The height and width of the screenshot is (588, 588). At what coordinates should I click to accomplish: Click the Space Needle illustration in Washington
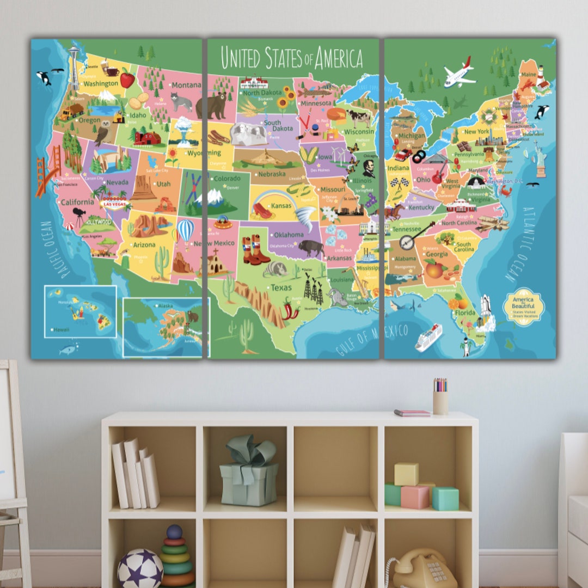click(73, 68)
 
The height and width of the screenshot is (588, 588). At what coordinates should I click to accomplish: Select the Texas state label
click(281, 287)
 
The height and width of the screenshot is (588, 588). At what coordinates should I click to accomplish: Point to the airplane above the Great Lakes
click(458, 74)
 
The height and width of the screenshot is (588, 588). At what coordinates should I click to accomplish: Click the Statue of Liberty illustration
click(540, 159)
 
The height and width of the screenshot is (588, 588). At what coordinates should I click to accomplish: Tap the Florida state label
click(465, 313)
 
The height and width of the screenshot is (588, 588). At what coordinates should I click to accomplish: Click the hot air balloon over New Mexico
click(186, 231)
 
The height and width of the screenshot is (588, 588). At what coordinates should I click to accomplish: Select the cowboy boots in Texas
click(255, 250)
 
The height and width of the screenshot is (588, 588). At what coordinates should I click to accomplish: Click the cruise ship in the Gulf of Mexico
click(428, 337)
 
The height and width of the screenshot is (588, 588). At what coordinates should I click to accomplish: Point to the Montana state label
click(186, 85)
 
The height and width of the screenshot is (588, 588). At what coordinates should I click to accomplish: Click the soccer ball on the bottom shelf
click(140, 568)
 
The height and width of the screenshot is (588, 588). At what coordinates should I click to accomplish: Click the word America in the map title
click(333, 58)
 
